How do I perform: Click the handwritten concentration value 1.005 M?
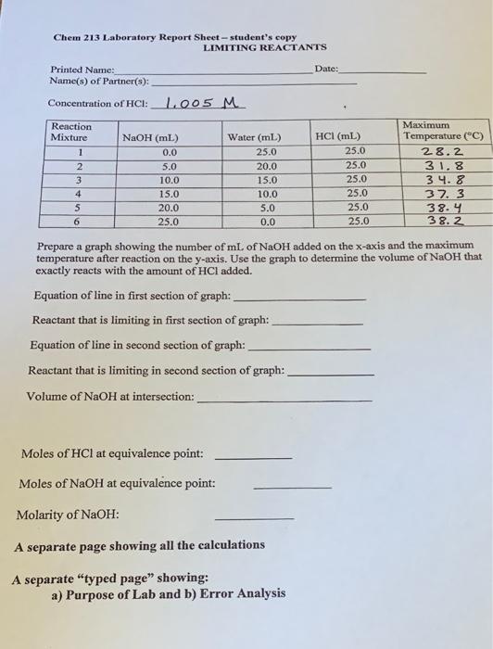click(x=198, y=103)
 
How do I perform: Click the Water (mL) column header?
click(x=255, y=137)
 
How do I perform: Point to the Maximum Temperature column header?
click(x=439, y=131)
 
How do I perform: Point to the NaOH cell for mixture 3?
click(x=170, y=179)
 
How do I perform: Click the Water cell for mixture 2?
click(x=266, y=165)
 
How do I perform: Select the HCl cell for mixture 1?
click(x=355, y=151)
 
